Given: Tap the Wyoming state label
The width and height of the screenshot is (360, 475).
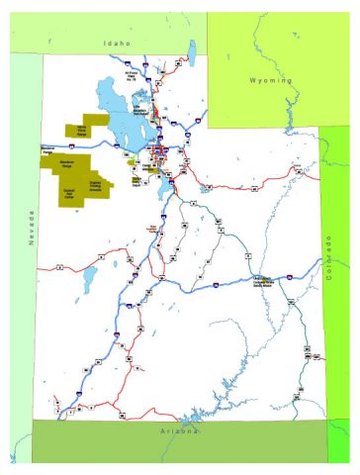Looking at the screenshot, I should click(271, 79).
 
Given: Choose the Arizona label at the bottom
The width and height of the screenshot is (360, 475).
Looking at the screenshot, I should click(181, 431).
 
